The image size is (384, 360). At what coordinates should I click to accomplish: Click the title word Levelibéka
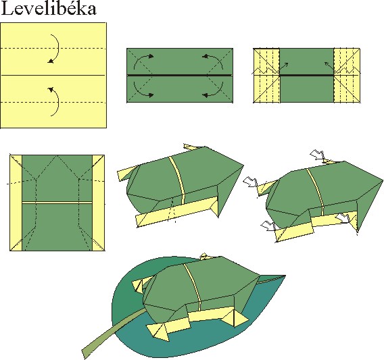tap(49, 9)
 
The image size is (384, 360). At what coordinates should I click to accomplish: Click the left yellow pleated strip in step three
tap(266, 76)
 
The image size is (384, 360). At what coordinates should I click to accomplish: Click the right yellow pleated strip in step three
tap(347, 76)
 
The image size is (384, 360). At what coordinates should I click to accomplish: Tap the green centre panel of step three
tap(307, 76)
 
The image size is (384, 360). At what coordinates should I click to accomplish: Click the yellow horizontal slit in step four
tap(57, 203)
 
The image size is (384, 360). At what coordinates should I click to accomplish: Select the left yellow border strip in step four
tap(16, 203)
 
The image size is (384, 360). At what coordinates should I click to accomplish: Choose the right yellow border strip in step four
tap(98, 203)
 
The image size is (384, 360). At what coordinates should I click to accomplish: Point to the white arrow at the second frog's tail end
tap(250, 182)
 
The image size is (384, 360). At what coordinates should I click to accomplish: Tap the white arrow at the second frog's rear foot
tap(268, 226)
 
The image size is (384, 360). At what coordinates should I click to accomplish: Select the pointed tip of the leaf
tap(285, 276)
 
